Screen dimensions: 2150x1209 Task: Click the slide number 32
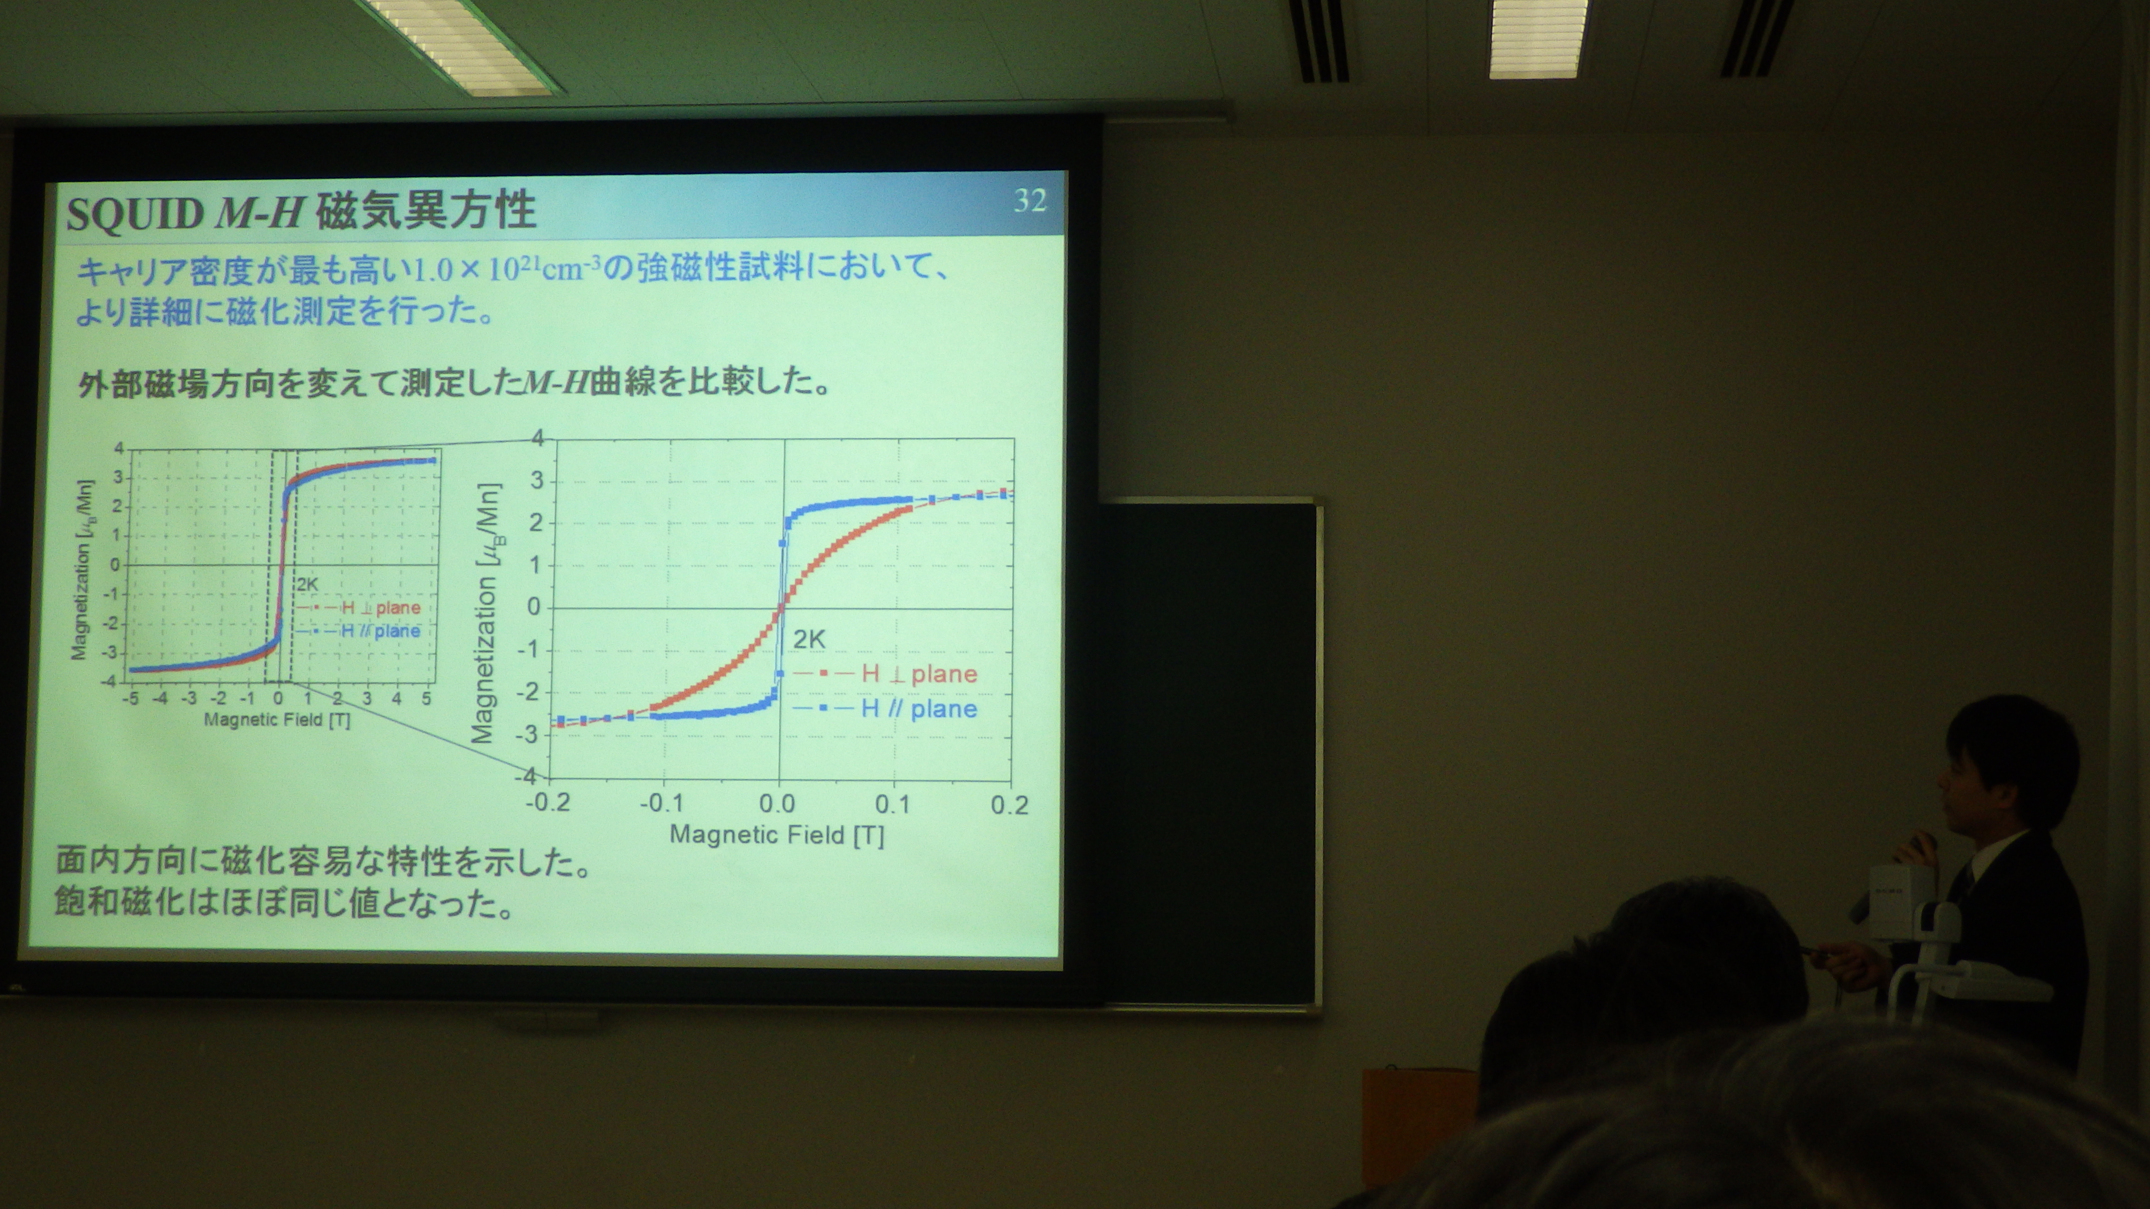click(1030, 200)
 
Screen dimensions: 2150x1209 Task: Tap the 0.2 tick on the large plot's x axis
click(1010, 805)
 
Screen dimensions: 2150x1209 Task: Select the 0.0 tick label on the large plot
click(777, 804)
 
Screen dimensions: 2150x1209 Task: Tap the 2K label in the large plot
click(809, 640)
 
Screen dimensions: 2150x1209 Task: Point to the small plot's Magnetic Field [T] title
click(277, 719)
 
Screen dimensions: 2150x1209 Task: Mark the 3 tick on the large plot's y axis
click(537, 480)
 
